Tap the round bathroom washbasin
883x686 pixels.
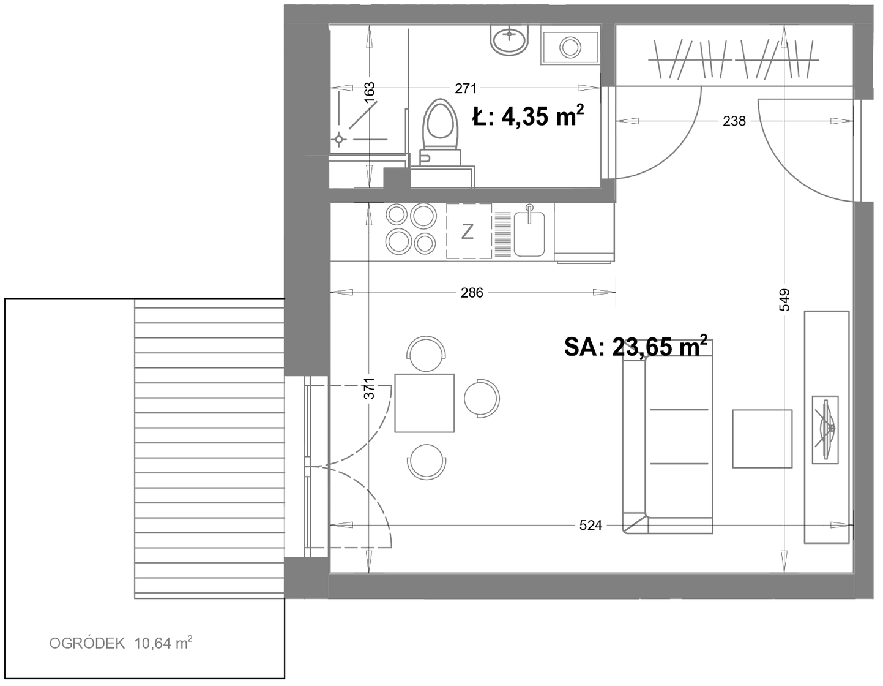click(509, 39)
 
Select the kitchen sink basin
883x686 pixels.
click(529, 234)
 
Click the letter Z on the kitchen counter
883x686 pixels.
click(468, 232)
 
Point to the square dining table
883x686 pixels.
click(425, 403)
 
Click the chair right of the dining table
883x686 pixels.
click(482, 398)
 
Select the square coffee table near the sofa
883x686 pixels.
click(762, 439)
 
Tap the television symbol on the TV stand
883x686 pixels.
click(825, 430)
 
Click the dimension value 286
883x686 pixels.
click(472, 293)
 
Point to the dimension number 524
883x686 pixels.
click(591, 526)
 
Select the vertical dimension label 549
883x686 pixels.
click(784, 300)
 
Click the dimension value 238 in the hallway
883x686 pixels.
click(734, 121)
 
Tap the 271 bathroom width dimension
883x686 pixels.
click(466, 88)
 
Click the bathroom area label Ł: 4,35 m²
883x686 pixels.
click(528, 115)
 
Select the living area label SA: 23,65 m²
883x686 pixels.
click(636, 347)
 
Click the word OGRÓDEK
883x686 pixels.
click(87, 644)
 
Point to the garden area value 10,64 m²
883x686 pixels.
click(163, 643)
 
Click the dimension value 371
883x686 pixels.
click(369, 388)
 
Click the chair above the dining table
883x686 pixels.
click(427, 353)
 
